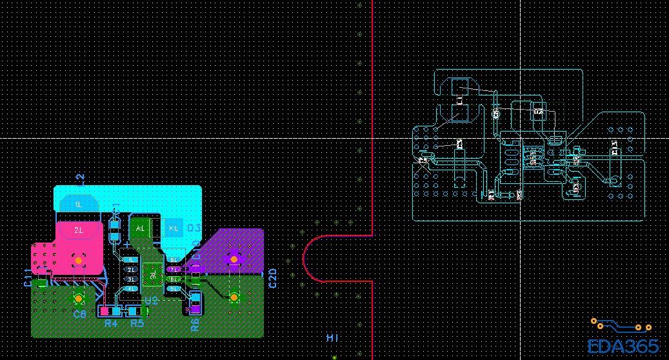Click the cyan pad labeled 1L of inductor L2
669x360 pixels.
click(x=79, y=204)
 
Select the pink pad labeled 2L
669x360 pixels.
click(x=79, y=230)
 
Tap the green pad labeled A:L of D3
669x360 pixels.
click(x=141, y=228)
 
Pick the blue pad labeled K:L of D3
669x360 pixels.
click(x=173, y=228)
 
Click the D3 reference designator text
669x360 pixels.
click(x=194, y=228)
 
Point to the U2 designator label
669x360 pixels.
click(x=151, y=301)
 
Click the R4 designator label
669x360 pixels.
click(x=111, y=323)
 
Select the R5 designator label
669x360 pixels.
click(x=137, y=323)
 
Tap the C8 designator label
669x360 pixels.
click(x=79, y=314)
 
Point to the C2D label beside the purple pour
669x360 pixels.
click(x=272, y=277)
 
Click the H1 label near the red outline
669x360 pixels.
click(x=332, y=338)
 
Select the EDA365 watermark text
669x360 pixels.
click(x=623, y=346)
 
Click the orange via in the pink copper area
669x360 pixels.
click(x=78, y=260)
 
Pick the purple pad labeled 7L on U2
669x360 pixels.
click(x=174, y=269)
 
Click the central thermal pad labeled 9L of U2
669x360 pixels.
click(x=153, y=274)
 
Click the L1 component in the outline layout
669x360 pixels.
click(x=459, y=99)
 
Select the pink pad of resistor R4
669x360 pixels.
click(x=105, y=311)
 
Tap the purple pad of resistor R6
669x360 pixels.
click(x=195, y=308)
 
